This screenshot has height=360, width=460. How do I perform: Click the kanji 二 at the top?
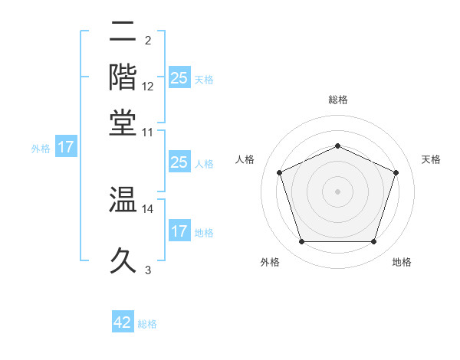point(123,31)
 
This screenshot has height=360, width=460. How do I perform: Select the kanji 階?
point(123,77)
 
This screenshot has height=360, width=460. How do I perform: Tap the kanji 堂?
point(123,123)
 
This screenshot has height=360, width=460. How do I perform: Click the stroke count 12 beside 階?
point(148,87)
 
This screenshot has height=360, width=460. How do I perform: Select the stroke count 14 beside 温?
point(148,208)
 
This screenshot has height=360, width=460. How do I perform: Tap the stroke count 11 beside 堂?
point(148,132)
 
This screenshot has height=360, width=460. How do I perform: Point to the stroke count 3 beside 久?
point(148,270)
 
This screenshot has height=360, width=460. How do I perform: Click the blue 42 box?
point(123,322)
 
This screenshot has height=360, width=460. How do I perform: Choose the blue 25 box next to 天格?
point(179,78)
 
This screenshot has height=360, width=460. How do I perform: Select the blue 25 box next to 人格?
point(179,162)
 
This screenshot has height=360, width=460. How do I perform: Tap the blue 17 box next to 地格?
point(179,231)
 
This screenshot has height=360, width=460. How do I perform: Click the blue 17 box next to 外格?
point(65,147)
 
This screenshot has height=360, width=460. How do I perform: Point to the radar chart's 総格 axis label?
point(338,100)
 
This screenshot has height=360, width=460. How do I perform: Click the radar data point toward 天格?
point(396,172)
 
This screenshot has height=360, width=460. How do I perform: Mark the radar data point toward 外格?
point(301,242)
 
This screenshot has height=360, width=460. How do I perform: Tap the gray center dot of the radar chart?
point(338,191)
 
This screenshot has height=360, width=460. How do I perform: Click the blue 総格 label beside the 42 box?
point(147,324)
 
